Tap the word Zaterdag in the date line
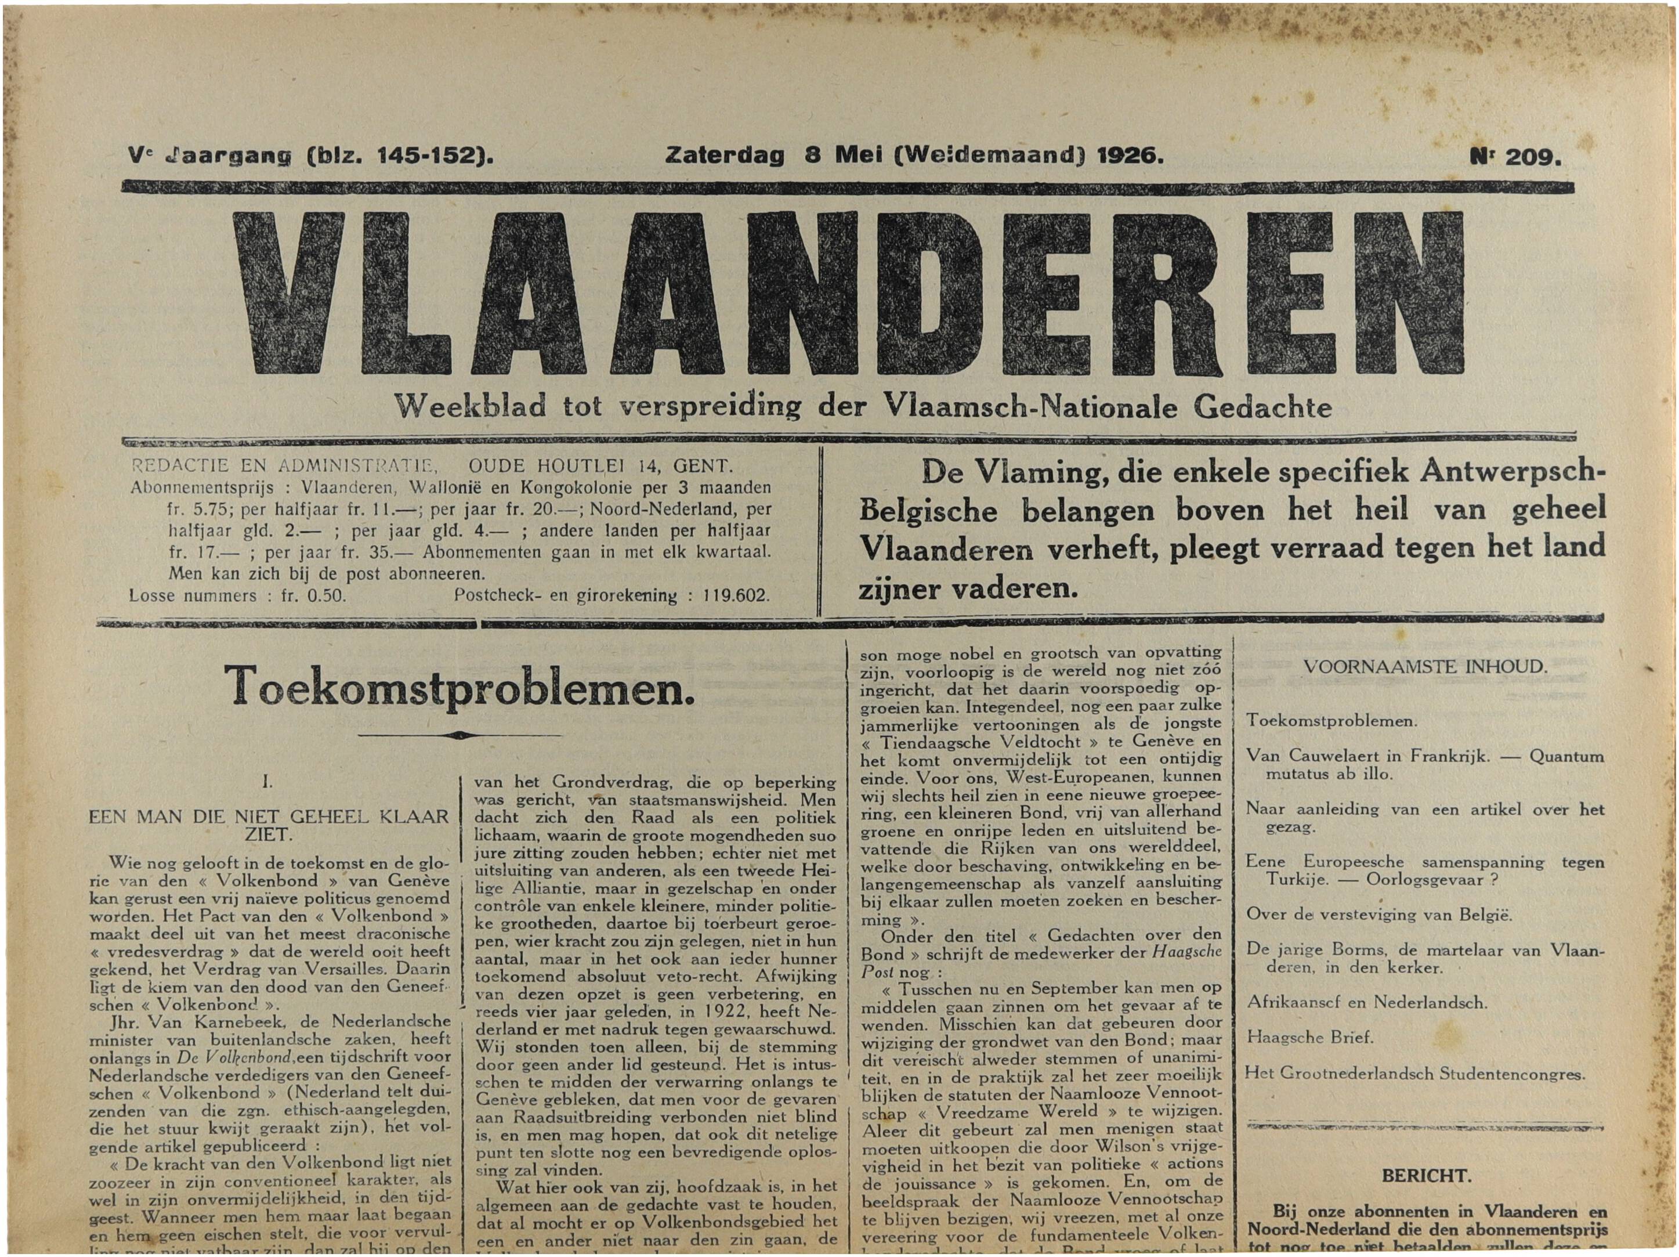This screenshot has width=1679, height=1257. coord(714,155)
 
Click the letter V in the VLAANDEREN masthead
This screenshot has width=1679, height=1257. coord(289,292)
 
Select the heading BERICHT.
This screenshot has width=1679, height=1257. coord(1426,1176)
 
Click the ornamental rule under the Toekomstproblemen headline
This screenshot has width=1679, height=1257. coord(459,735)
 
